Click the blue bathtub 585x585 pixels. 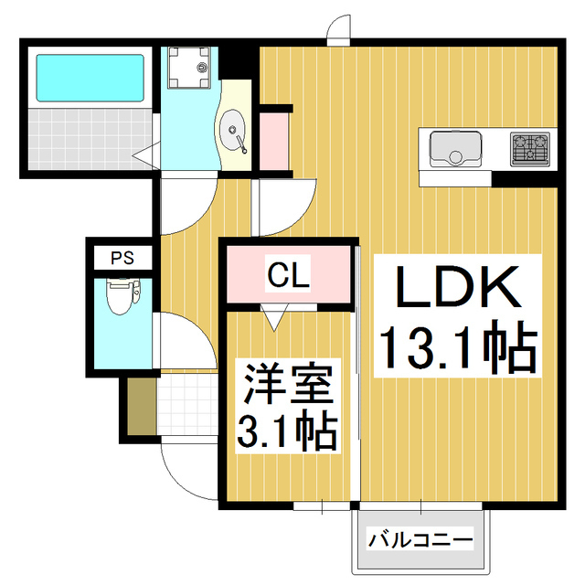89,78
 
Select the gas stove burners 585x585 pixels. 529,148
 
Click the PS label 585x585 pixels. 122,258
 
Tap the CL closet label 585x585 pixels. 288,271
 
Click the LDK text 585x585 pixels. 457,291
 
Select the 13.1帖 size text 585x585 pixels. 457,347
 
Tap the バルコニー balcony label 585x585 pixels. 420,539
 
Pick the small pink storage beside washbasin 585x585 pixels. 272,142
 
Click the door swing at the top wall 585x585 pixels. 339,29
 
